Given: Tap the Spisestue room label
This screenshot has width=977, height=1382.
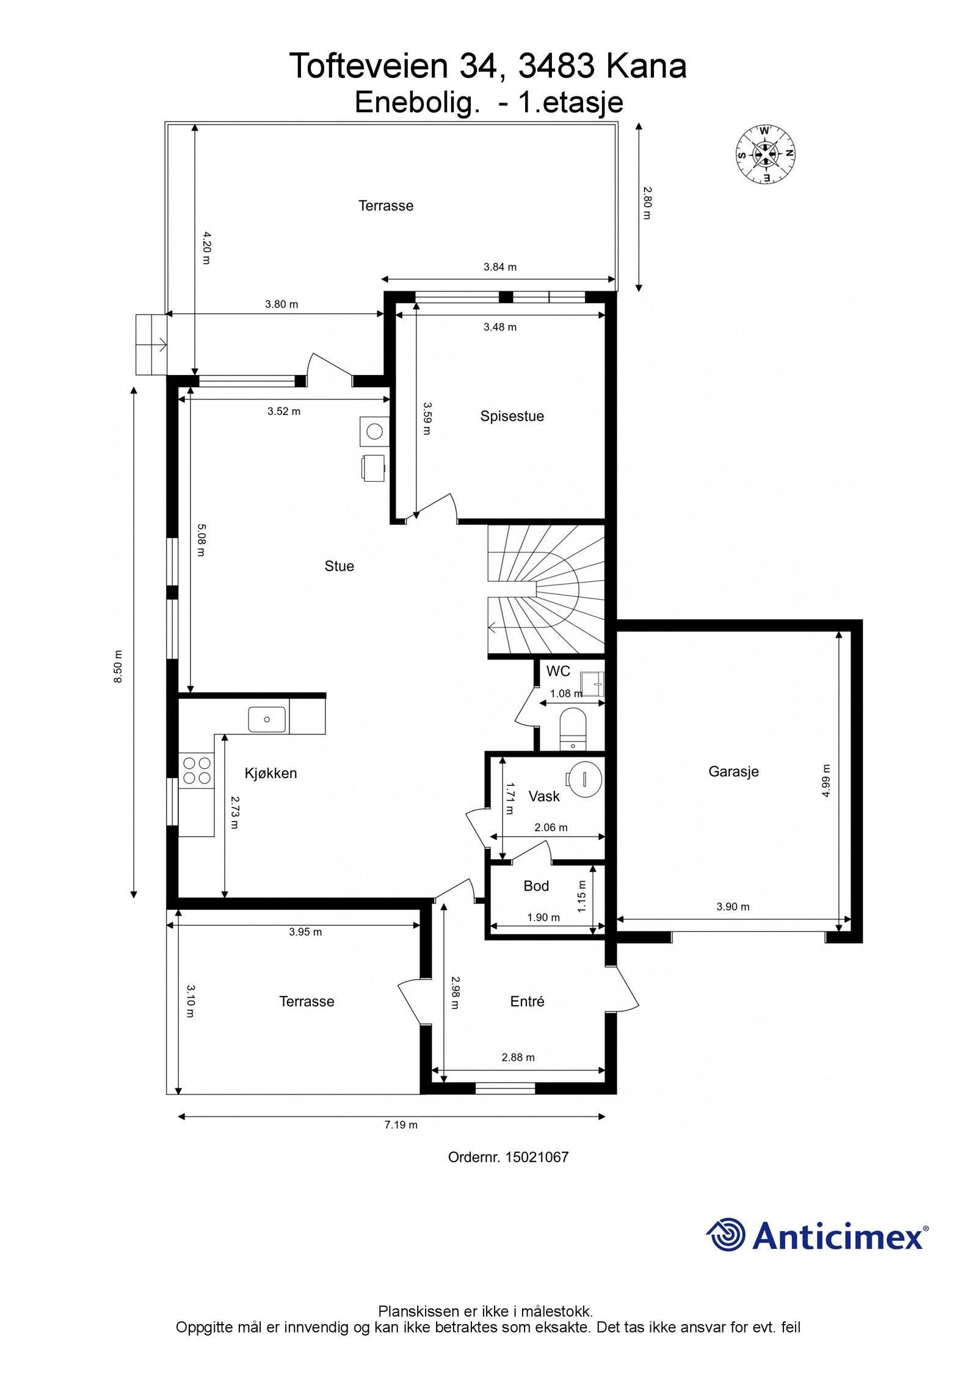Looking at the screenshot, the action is tap(512, 416).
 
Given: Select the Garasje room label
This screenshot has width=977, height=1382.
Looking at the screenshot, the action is tap(733, 771).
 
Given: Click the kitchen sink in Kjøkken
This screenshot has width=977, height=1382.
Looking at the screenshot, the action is tap(267, 719).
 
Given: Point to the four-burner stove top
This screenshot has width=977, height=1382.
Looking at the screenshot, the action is tap(196, 771).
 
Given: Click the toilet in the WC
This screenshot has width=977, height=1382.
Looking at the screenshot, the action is tap(573, 729).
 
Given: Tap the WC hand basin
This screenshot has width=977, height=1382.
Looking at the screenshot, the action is tap(592, 684).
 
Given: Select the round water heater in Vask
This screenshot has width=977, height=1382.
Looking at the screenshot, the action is tap(584, 777).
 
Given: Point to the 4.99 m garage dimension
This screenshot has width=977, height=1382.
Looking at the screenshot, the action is tap(826, 780).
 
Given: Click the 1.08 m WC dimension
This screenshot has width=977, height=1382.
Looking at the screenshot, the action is tap(566, 693).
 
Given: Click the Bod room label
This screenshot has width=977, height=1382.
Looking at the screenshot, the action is tap(536, 886).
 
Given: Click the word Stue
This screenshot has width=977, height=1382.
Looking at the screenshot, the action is tap(339, 566).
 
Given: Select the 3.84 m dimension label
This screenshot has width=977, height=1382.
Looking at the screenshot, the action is tap(500, 267).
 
